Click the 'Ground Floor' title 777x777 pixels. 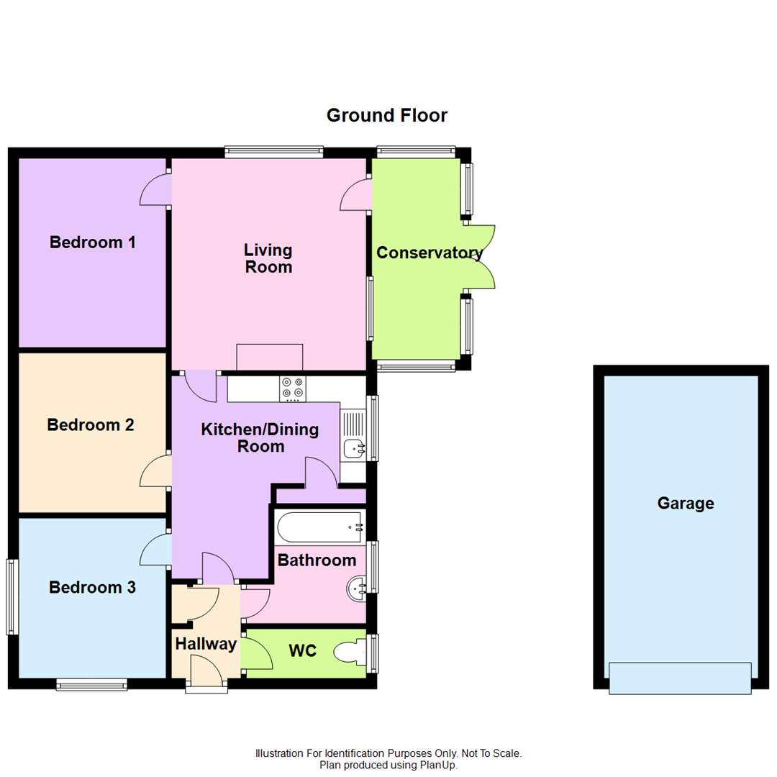coord(386,115)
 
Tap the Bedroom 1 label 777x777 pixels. coord(93,242)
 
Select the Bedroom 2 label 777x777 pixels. coord(91,425)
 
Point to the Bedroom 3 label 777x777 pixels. coord(92,588)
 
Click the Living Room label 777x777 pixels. coord(268,259)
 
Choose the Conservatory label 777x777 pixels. coord(429,253)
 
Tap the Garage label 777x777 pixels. coord(685,504)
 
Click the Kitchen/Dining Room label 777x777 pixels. coord(259,438)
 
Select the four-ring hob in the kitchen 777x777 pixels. coord(292,388)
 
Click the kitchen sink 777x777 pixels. coord(354,448)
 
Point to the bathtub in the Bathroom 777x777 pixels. coord(319,527)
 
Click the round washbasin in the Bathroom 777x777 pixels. coord(357,589)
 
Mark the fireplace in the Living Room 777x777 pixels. coord(270,357)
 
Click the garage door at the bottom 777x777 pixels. coord(680,678)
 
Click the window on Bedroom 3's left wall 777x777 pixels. coord(12,597)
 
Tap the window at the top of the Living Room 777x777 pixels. coord(273,152)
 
